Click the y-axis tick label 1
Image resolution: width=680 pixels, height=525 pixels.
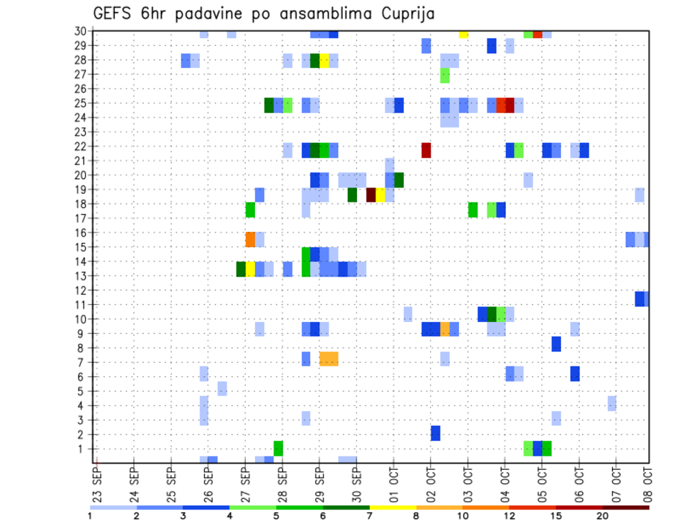[83, 449]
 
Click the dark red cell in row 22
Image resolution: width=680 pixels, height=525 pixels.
[426, 150]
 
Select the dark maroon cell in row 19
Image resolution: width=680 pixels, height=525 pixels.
[370, 195]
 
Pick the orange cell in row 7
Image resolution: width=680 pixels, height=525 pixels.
[329, 359]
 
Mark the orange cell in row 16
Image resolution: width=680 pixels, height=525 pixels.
[250, 239]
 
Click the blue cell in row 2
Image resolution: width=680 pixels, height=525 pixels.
[436, 433]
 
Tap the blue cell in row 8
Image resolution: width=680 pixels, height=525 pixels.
[556, 344]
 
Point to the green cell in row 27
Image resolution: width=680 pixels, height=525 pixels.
[445, 75]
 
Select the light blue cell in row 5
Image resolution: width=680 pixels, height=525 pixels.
[222, 388]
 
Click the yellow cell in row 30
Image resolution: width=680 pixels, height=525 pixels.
[463, 33]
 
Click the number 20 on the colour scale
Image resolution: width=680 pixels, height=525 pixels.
[603, 516]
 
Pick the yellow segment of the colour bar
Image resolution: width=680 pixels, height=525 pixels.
[393, 507]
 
